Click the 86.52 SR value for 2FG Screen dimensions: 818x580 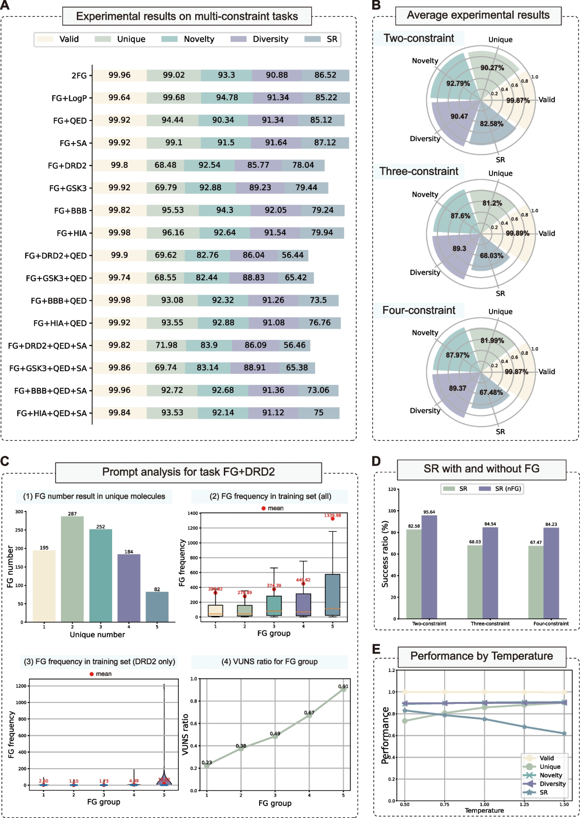pos(325,75)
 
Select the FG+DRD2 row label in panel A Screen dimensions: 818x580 pos(67,166)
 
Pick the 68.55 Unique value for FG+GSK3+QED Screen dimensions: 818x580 pos(166,278)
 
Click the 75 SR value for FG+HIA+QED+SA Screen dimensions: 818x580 pos(319,412)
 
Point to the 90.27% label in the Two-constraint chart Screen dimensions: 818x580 pos(492,68)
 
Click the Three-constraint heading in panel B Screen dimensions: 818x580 pos(419,172)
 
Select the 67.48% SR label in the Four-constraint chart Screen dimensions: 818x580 pos(491,393)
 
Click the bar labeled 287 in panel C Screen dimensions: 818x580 pos(72,569)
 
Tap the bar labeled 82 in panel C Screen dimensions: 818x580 pos(157,606)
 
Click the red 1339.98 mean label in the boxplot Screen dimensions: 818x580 pos(333,515)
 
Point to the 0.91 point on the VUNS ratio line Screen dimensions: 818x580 pos(343,689)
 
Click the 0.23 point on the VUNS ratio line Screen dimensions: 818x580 pos(207,765)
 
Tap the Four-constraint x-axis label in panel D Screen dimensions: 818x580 pos(551,624)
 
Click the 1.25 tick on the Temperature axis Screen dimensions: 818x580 pos(524,804)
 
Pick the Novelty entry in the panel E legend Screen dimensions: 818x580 pos(551,775)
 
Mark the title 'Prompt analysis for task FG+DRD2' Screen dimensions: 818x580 pos(188,472)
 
